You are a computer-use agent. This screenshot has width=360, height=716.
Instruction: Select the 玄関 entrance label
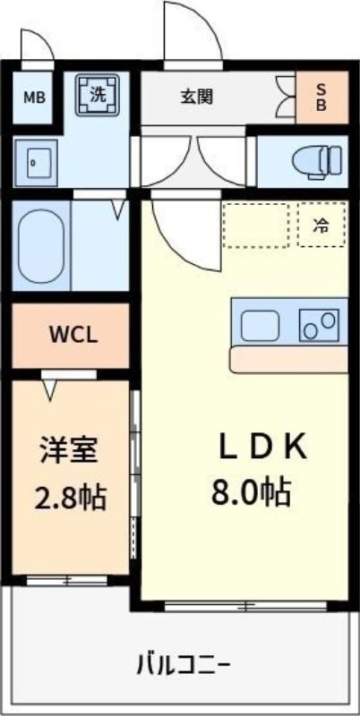coord(197,98)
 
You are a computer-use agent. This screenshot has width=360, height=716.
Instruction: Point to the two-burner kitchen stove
coord(320,324)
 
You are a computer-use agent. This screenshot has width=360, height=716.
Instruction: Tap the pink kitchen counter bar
coord(288,360)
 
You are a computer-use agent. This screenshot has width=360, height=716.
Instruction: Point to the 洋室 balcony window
coord(65,580)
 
